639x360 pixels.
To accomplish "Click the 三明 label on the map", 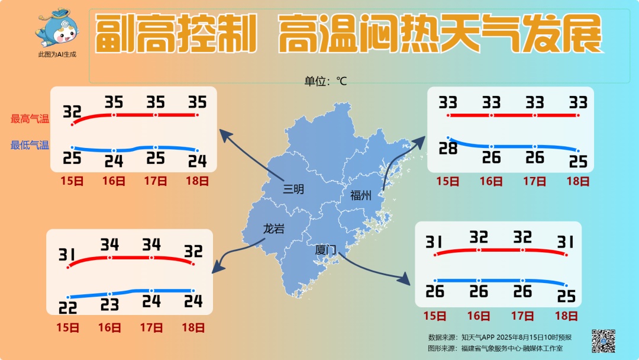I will [293, 189].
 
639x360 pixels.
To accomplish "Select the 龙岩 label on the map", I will [273, 229].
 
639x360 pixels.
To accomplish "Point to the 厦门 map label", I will [325, 250].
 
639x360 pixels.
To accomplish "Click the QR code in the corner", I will [603, 340].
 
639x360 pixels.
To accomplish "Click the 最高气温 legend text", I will [30, 118].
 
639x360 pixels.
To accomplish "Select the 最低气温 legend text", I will [30, 145].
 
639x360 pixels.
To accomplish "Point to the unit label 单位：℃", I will [325, 81].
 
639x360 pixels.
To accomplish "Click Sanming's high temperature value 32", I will [72, 111].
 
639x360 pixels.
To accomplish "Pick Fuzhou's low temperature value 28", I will [448, 149].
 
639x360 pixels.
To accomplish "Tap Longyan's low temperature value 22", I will [68, 307].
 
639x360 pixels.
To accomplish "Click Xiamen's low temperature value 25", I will [566, 296].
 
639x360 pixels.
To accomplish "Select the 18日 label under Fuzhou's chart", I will [578, 181].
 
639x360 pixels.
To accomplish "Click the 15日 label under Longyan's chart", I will [68, 327].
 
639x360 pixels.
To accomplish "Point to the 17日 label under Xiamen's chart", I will [522, 316].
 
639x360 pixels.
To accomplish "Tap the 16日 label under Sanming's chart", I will [114, 181].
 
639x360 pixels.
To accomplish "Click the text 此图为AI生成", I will [57, 54].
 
